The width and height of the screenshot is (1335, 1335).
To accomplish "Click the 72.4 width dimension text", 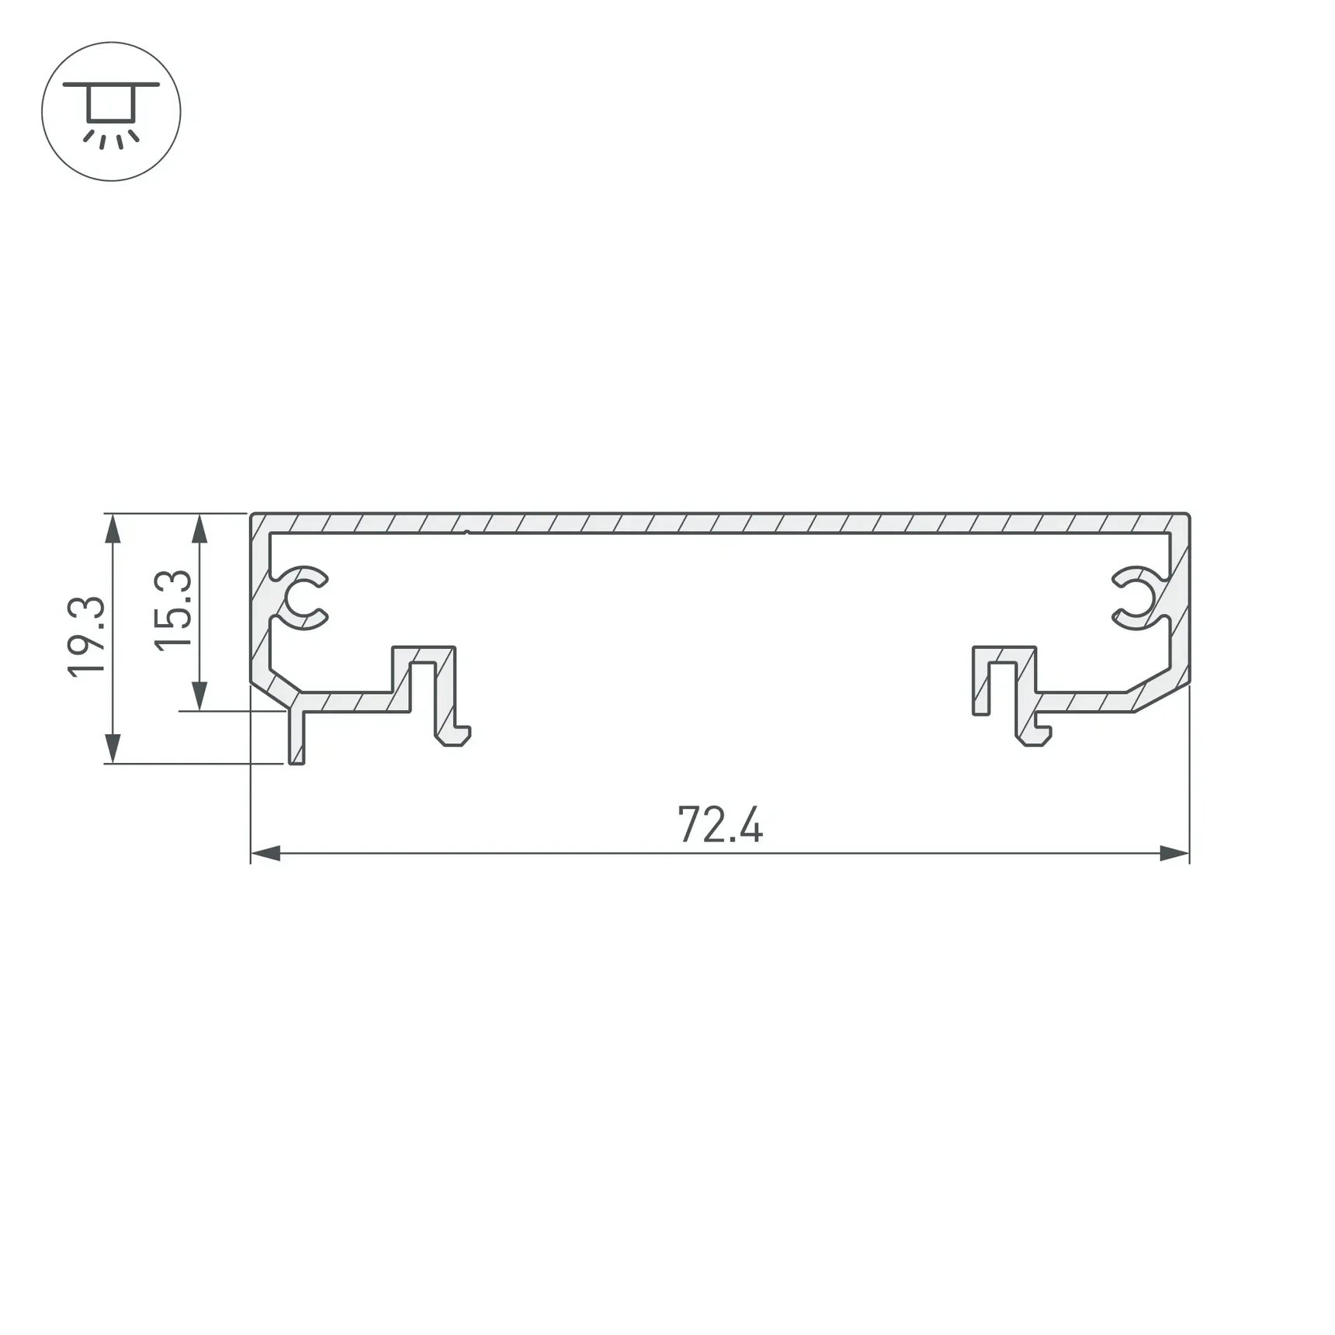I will pos(720,824).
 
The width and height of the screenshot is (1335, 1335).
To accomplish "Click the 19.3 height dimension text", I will pos(86,637).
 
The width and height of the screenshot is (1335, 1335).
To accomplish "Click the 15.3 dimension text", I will pos(173,610).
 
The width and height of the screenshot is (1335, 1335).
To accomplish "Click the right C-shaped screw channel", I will pos(1138,598).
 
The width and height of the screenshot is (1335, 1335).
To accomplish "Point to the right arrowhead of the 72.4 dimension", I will pos(1174,854).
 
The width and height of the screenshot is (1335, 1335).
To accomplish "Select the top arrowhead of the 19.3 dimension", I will pos(113,529).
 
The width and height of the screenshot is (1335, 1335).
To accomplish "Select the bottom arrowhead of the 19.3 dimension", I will pos(113,748).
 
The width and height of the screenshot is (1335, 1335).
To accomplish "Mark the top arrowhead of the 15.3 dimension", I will pos(199,529).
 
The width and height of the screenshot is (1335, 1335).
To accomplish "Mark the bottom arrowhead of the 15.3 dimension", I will pos(199,695).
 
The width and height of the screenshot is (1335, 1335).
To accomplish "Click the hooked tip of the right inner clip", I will pos(1037,737).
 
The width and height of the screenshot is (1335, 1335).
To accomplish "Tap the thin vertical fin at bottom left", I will pos(296,737).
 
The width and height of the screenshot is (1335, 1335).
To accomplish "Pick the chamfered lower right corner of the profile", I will pos(1161,697).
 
